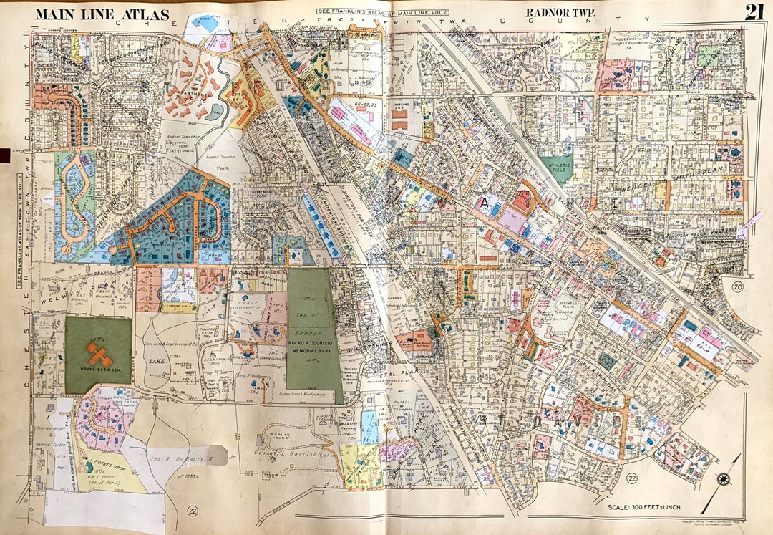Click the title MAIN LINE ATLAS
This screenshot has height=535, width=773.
102,14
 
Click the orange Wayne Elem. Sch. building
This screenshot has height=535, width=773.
98,354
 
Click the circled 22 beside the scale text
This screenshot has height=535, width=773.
631,478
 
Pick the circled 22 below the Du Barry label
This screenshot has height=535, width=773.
192,510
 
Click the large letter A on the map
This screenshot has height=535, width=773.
485,203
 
